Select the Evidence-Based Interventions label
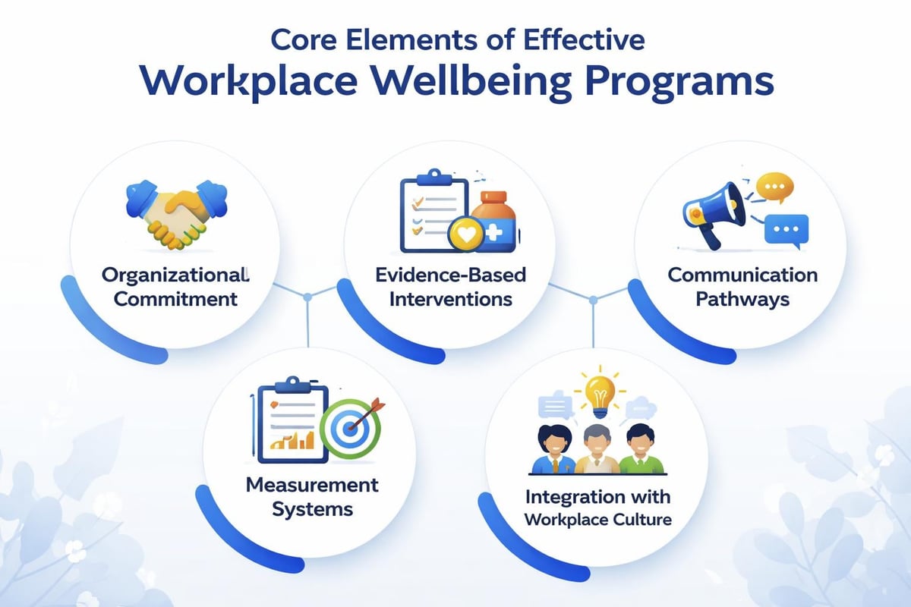click(451, 286)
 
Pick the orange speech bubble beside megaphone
click(774, 187)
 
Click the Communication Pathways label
click(743, 286)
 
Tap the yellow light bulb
click(601, 391)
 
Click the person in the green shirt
click(640, 451)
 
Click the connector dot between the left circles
click(307, 297)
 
